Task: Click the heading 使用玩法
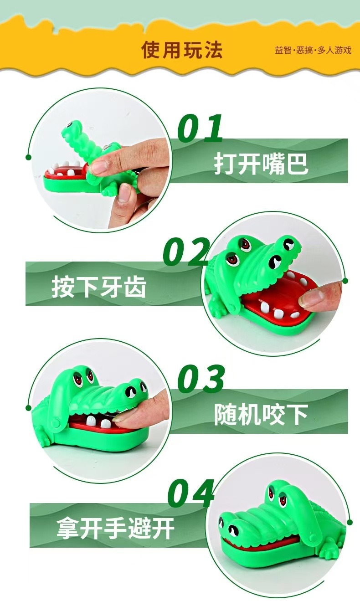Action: pos(182,50)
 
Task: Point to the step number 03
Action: pos(201,379)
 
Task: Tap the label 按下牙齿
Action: pos(99,287)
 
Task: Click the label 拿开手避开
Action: pos(115,528)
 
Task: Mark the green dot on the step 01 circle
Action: pos(29,157)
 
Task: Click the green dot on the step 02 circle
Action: pos(345,281)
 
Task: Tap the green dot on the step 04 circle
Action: pos(350,522)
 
